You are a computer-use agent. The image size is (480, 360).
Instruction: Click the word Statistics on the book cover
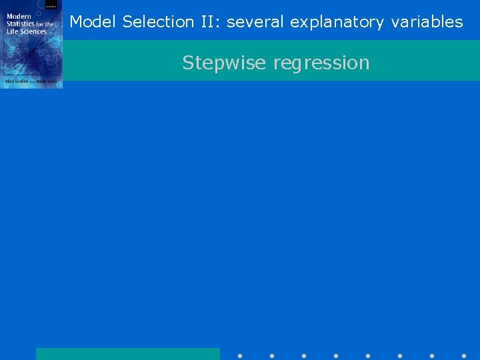21,24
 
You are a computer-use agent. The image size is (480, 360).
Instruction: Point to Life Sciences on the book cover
27,31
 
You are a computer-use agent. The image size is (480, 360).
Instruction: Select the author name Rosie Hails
47,81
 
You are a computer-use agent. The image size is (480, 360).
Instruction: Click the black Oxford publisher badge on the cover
51,4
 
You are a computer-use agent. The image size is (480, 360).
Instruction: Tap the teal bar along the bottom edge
127,354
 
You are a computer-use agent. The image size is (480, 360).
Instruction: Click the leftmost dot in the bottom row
240,356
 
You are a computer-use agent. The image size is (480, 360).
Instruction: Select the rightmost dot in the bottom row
464,356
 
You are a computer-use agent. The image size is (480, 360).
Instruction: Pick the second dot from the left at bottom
272,356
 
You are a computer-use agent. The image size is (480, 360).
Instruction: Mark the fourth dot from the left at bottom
336,356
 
